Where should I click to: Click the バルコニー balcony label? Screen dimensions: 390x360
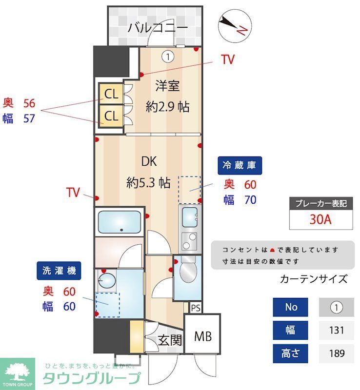pos(158,28)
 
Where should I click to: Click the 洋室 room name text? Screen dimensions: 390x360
pos(167,86)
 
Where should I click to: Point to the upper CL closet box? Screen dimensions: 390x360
pos(111,94)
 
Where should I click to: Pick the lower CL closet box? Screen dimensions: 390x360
pos(111,116)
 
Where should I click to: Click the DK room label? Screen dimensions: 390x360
pos(149,161)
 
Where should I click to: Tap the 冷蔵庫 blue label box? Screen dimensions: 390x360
pos(240,166)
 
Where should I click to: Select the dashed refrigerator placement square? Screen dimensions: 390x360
pos(189,190)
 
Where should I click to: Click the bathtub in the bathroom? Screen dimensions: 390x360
pos(120,222)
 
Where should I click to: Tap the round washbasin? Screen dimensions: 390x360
pos(104,280)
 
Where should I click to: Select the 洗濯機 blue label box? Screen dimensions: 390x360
pos(58,271)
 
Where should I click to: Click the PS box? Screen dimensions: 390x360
pos(195,308)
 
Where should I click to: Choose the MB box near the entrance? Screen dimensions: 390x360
pos(201,336)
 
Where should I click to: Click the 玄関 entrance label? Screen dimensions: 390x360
pos(170,340)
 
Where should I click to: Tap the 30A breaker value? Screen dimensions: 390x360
pos(320,219)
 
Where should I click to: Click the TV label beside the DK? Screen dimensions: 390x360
pos(73,193)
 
